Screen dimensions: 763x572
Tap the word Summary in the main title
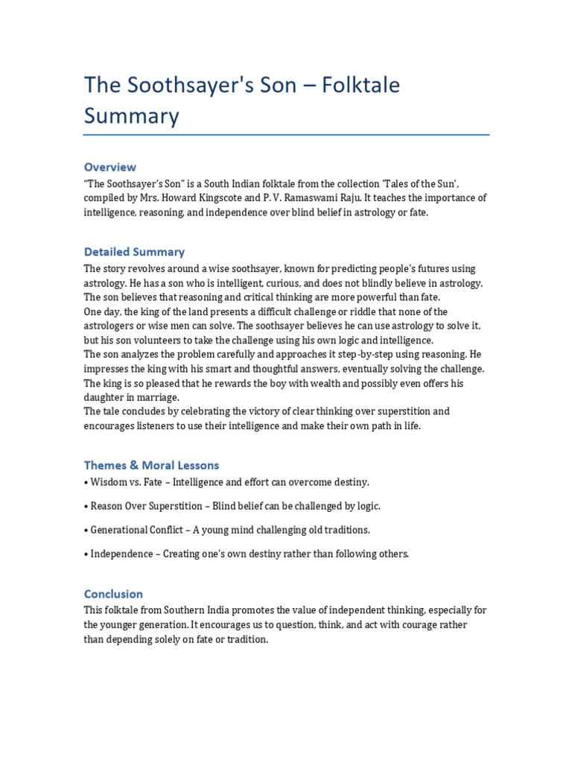(x=131, y=116)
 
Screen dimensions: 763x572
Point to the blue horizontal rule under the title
(x=286, y=135)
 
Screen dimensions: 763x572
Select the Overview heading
(x=109, y=167)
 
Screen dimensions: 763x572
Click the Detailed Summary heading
(x=134, y=252)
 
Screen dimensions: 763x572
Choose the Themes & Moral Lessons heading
(x=151, y=465)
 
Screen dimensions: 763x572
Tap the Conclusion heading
(x=113, y=594)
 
